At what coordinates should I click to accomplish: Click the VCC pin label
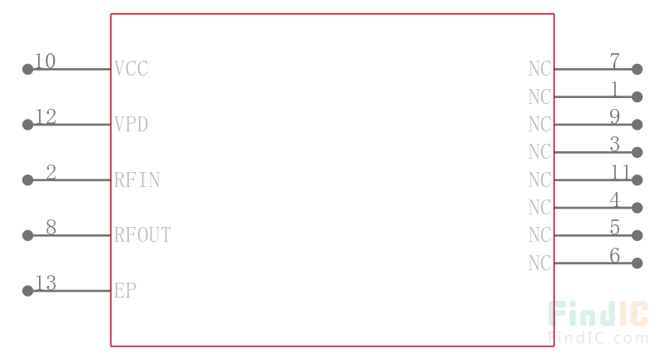point(131,69)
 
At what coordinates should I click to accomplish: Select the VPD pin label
point(131,124)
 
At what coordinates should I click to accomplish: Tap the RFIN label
point(137,180)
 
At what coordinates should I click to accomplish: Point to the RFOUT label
point(142,235)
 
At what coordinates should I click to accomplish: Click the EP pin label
point(126,290)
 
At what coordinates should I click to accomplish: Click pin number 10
point(45,61)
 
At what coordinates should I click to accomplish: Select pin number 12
point(46,116)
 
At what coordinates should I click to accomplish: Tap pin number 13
point(46,283)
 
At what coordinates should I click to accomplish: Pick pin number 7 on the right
point(615,61)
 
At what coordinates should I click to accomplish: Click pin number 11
point(620,172)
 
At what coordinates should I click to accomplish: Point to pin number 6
point(615,255)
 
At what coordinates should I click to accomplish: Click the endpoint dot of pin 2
point(27,180)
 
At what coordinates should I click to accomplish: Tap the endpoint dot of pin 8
point(27,235)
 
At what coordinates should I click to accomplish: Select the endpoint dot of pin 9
point(637,125)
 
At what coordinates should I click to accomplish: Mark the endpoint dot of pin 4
point(637,208)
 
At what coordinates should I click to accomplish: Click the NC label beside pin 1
point(539,96)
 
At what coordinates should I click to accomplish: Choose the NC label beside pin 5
point(539,235)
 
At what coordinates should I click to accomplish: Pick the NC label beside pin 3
point(539,152)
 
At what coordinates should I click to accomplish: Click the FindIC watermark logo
point(598,313)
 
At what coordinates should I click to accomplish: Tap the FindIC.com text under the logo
point(598,338)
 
